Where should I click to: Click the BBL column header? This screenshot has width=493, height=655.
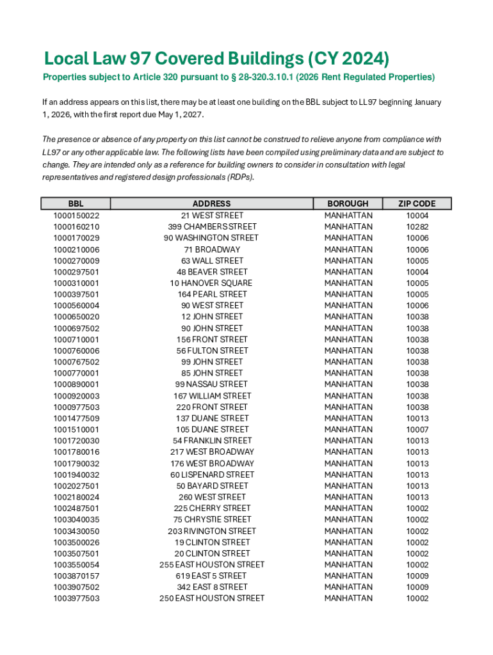tap(76, 203)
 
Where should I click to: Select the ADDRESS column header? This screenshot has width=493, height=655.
tap(211, 203)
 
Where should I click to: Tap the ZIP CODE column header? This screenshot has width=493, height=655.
tap(417, 203)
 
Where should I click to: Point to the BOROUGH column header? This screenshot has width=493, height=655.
tap(348, 203)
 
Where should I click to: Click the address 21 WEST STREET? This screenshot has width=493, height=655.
tap(212, 216)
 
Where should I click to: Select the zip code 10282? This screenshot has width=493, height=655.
tap(417, 226)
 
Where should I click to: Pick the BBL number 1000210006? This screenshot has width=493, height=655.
tap(76, 249)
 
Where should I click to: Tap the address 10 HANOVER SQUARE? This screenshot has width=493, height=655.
tap(211, 283)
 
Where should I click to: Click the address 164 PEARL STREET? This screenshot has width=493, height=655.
tap(212, 294)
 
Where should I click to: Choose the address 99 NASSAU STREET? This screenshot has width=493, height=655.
tap(211, 384)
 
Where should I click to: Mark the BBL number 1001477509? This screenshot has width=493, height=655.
tap(76, 418)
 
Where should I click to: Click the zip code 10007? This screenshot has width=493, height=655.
tap(417, 429)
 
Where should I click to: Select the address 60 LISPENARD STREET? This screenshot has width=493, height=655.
tap(212, 475)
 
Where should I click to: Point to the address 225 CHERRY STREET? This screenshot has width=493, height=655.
tap(212, 509)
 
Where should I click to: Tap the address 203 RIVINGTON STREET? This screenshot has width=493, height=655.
tap(212, 531)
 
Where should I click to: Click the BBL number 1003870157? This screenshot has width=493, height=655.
tap(76, 576)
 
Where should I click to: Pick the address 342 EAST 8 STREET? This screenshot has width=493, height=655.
tap(212, 587)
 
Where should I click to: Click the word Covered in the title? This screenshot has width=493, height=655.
tap(204, 59)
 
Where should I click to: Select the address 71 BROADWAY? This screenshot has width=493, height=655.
tap(212, 249)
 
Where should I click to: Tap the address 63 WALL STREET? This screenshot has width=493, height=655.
tap(212, 260)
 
